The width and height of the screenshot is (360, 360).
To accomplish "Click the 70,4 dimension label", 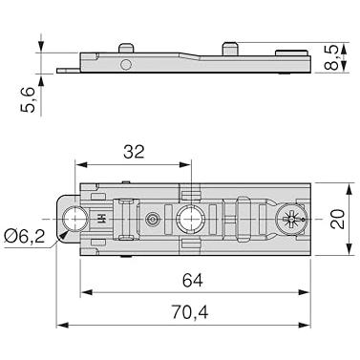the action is [x=190, y=312].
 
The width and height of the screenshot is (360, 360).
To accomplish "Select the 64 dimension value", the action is [x=193, y=281].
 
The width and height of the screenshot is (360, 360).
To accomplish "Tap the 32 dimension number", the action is [x=134, y=152].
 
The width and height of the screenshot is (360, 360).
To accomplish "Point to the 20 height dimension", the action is [x=338, y=219].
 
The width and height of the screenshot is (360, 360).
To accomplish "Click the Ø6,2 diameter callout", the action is [x=25, y=237].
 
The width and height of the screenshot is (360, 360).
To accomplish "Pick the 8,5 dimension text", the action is [x=330, y=58].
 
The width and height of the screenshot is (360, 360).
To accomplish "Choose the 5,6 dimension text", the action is [x=28, y=99].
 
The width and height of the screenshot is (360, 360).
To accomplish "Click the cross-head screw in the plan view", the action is [x=290, y=219].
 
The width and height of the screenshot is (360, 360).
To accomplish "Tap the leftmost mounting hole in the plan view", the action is [x=74, y=219].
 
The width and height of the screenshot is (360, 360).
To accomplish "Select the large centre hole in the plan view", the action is [x=190, y=219].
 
